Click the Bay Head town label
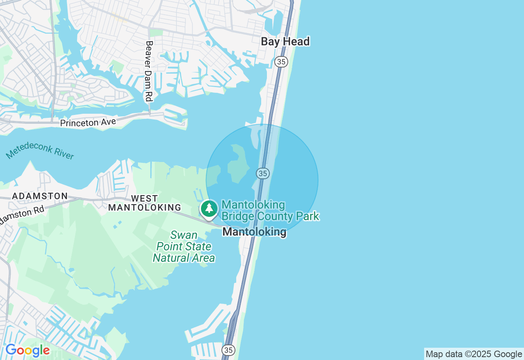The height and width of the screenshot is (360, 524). click(285, 41)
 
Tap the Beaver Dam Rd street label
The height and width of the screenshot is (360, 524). click(149, 71)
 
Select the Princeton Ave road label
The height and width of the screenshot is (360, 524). click(88, 122)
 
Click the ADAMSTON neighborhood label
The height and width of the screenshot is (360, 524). click(40, 196)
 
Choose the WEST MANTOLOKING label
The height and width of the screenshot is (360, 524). click(145, 203)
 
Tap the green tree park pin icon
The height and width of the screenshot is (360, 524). click(209, 208)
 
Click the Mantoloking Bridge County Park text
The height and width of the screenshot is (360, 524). click(270, 210)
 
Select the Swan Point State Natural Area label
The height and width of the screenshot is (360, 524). click(184, 246)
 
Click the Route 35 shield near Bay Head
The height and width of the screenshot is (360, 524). click(281, 62)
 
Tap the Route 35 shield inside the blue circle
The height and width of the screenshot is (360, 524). click(262, 173)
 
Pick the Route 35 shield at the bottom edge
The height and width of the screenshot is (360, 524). click(228, 350)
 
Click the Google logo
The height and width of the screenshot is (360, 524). click(27, 351)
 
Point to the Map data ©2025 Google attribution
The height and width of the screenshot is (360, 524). click(474, 354)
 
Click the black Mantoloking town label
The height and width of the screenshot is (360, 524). click(254, 232)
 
